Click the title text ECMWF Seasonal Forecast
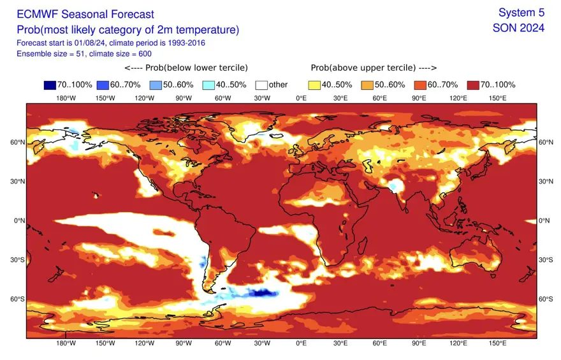coord(85,13)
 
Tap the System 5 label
coord(521,13)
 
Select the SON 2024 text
coord(518,28)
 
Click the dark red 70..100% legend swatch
coord(474,85)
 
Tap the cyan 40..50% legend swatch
coord(208,85)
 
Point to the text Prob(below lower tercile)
coord(186,68)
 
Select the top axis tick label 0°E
coord(302,98)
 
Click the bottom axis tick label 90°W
coord(184,343)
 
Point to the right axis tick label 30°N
coord(546,182)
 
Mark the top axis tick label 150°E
coord(497,98)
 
